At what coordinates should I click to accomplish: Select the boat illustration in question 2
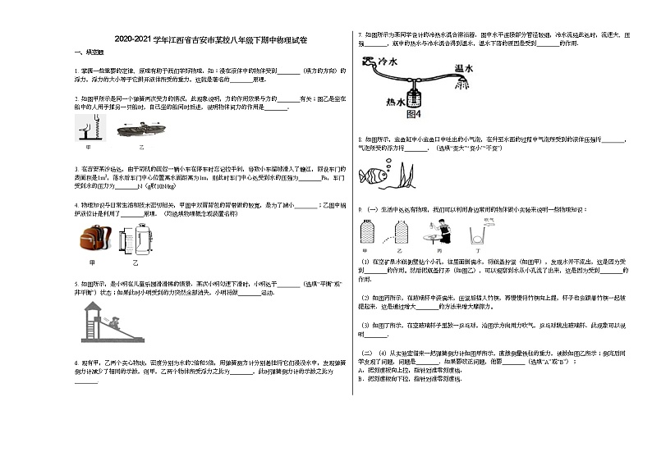click(140, 129)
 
